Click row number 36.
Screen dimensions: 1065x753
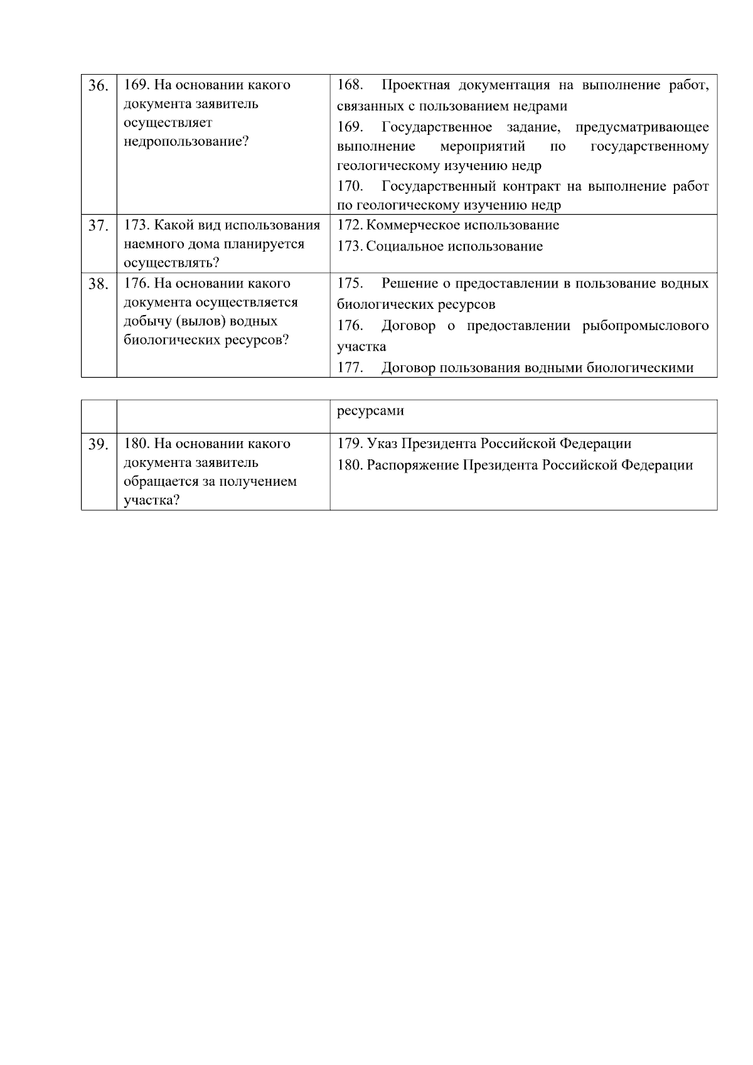(98, 86)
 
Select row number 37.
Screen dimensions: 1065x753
(98, 226)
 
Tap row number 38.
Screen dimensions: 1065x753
(98, 284)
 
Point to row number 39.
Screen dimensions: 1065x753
(98, 445)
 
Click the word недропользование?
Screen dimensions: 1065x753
(186, 141)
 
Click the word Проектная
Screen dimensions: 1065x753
(416, 85)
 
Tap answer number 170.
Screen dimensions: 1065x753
(350, 186)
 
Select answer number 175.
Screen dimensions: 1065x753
(350, 284)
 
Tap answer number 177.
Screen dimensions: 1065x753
(350, 368)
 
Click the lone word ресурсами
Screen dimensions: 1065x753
(370, 411)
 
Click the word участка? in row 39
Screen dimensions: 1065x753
(152, 501)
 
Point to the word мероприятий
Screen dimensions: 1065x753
(483, 147)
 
